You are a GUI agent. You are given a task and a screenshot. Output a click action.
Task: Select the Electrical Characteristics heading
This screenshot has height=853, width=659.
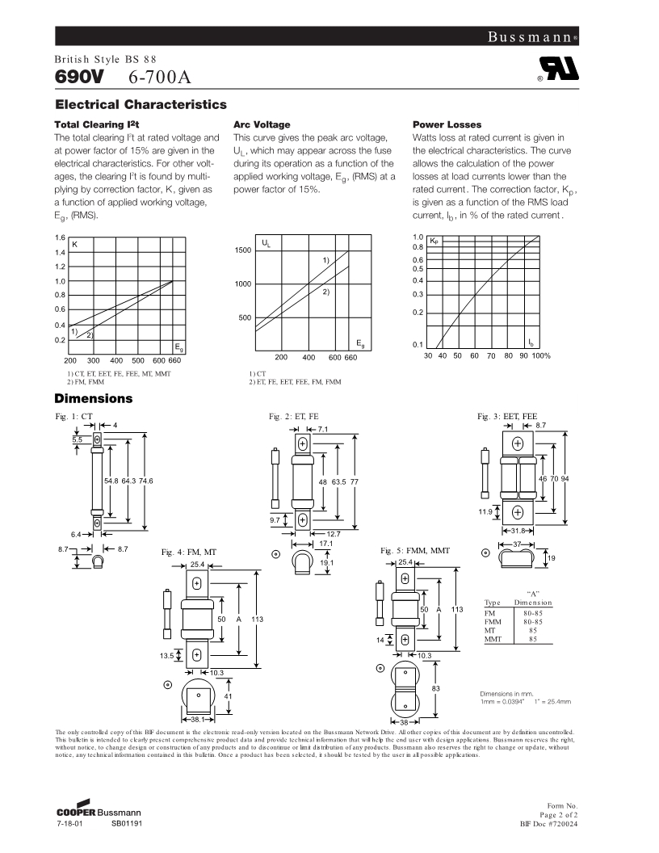click(x=141, y=105)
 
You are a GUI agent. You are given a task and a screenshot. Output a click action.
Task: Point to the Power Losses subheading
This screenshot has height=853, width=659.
click(x=447, y=125)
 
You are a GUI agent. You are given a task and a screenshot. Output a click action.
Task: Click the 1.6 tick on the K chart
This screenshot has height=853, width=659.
click(x=60, y=237)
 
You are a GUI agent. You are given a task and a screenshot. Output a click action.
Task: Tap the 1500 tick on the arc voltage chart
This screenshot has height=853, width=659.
click(x=243, y=250)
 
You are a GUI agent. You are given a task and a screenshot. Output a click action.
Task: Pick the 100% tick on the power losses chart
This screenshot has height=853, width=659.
click(x=542, y=355)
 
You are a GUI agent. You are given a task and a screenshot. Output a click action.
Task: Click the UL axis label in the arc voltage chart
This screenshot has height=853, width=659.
click(x=266, y=243)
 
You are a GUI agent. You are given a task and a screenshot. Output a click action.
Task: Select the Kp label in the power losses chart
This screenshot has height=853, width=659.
click(x=434, y=240)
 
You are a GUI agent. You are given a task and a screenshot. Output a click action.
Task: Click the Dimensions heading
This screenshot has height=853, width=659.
click(x=93, y=398)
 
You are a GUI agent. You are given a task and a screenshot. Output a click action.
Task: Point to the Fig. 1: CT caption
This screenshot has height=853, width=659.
click(x=74, y=415)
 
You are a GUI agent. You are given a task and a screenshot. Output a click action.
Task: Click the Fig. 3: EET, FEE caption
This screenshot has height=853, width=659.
click(x=507, y=415)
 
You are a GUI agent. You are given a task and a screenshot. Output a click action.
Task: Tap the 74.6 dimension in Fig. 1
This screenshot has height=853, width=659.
click(x=145, y=481)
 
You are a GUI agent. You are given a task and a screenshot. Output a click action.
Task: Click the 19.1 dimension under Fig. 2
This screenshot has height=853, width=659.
click(x=327, y=561)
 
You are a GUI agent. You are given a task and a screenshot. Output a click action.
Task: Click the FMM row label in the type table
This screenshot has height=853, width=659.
click(x=493, y=622)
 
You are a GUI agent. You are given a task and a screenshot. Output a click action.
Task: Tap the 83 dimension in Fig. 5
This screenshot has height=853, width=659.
click(x=435, y=687)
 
